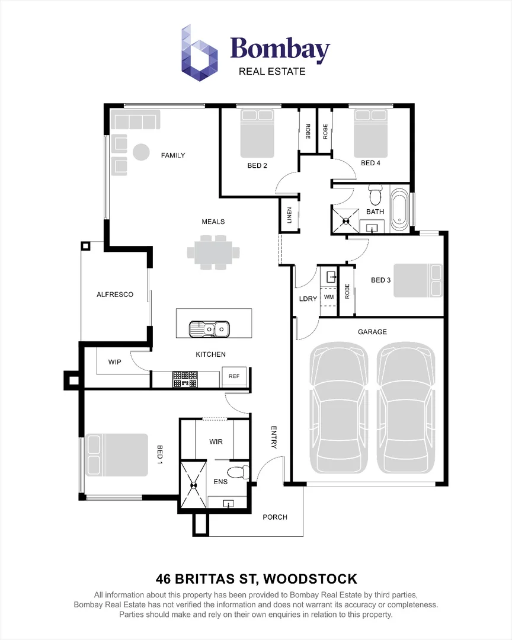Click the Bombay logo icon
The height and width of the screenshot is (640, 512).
click(x=199, y=53)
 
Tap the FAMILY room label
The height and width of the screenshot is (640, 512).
click(x=172, y=155)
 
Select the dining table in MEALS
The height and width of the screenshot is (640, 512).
click(x=213, y=252)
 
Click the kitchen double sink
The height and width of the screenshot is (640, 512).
click(x=209, y=329)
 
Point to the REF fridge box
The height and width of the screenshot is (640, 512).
click(x=234, y=376)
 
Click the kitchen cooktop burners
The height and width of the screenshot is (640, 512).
click(x=185, y=379)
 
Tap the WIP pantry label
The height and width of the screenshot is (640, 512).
click(x=115, y=362)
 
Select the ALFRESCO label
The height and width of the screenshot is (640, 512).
click(x=115, y=295)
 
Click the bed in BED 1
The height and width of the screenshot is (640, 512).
click(x=117, y=455)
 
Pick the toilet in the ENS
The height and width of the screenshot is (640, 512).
click(x=238, y=473)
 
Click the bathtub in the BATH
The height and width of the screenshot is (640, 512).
click(x=400, y=210)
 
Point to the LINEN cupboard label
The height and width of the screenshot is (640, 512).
click(x=289, y=215)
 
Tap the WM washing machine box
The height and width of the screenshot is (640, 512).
click(x=329, y=297)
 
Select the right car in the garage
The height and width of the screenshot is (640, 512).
click(x=405, y=408)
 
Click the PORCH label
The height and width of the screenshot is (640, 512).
click(x=275, y=517)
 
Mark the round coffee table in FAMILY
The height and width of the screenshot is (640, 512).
click(x=141, y=152)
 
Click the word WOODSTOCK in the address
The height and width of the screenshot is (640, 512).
click(x=311, y=579)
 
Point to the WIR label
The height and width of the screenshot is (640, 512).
click(x=216, y=441)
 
